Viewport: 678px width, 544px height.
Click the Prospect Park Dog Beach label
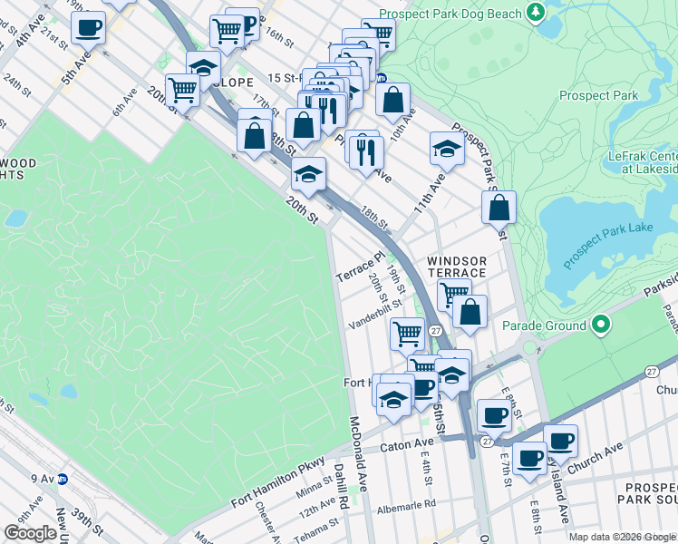pos(450,14)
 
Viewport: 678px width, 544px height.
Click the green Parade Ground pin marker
pos(599,324)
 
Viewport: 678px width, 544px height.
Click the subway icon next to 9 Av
pos(63,479)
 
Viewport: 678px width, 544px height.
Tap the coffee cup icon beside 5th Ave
pos(88,29)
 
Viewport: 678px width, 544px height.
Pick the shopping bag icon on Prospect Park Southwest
pos(499,209)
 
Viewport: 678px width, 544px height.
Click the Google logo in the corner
pos(30,533)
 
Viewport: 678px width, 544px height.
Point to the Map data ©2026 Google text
pos(621,537)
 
